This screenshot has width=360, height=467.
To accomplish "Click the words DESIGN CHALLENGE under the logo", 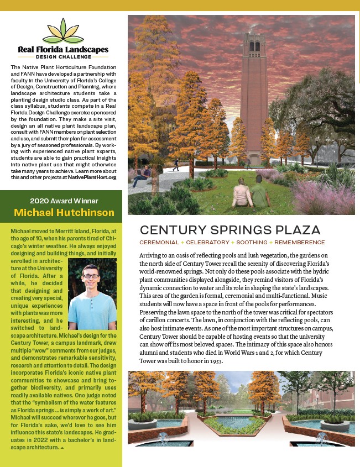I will click(62, 56).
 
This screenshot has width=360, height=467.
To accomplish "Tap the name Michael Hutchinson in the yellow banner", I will click(64, 213).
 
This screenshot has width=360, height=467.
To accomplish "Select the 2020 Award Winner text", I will click(64, 201).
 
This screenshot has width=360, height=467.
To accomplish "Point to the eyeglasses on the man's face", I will click(91, 276).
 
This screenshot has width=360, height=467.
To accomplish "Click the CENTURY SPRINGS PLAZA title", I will click(230, 229).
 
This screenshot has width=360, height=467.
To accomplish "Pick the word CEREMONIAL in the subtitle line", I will click(159, 242).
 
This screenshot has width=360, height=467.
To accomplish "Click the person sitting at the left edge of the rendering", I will click(140, 176).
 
